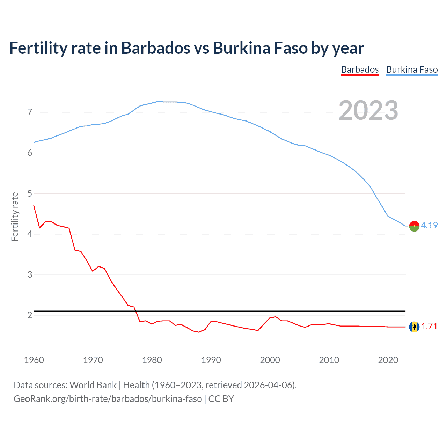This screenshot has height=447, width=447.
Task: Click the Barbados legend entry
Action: pos(360,69)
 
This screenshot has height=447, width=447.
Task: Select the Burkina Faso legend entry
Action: pos(412,69)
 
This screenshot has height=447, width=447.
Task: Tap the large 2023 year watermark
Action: pos(368,110)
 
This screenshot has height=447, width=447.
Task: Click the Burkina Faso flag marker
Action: pos(414,226)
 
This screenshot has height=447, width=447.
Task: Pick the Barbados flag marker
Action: pos(414,327)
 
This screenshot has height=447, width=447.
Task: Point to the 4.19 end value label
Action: pos(429,225)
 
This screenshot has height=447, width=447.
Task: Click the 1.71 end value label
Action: pos(429,326)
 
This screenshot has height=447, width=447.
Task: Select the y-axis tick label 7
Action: pos(30,112)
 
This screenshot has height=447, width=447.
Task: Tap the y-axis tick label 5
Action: pos(30,193)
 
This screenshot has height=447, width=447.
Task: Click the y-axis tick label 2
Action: pos(30,315)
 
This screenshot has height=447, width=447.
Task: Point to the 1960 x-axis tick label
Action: pos(34,360)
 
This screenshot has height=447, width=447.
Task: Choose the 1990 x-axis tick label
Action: pos(211,360)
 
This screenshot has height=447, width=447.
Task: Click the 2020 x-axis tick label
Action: pos(388,360)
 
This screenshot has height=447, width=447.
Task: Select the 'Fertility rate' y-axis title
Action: pos(15,217)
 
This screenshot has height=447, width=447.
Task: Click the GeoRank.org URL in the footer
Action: pos(108,399)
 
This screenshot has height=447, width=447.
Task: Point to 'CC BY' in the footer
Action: pos(221,399)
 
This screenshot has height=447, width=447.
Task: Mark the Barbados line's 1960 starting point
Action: pos(34,205)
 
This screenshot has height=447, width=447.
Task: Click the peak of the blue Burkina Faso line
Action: pos(158,101)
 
